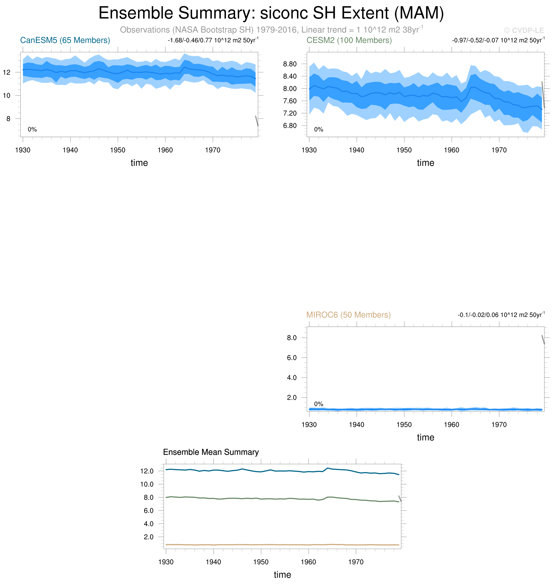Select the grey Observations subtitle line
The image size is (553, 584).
pos(271,30)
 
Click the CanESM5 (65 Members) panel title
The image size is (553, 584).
pos(65,40)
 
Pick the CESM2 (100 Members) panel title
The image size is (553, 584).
pos(349,40)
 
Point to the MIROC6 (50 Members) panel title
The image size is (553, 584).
pos(348,315)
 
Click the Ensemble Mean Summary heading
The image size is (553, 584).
pos(211,452)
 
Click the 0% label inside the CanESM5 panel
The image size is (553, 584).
pos(32,129)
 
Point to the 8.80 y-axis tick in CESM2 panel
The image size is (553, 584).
pos(290,64)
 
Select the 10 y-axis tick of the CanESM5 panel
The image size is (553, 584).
pos(6,95)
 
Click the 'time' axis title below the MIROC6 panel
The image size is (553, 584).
pos(425,438)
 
